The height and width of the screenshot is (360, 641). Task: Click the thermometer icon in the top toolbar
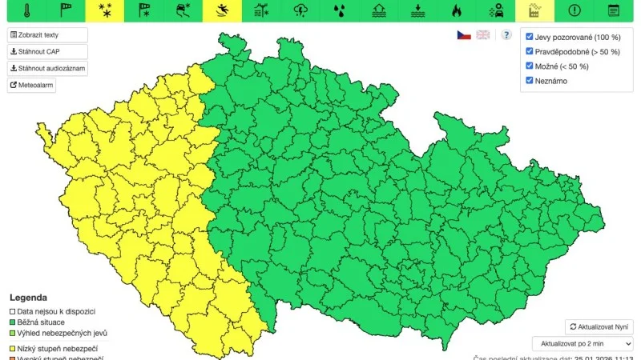[x=27, y=10]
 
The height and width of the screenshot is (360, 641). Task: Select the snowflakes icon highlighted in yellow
[x=104, y=10]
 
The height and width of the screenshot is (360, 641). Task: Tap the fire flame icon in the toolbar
[x=457, y=10]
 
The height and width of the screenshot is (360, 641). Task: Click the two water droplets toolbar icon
[x=340, y=10]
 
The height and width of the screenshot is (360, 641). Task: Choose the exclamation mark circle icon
[x=574, y=10]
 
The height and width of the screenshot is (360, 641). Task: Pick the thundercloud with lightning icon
[x=301, y=10]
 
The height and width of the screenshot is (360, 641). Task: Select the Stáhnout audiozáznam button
[x=47, y=69]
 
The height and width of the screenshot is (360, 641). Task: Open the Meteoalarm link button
[x=32, y=86]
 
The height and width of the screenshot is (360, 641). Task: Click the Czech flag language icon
[x=464, y=35]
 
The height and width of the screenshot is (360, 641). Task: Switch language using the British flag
[x=483, y=35]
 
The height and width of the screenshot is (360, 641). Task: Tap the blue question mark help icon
[x=506, y=35]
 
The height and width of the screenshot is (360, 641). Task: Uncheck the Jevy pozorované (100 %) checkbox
[x=530, y=38]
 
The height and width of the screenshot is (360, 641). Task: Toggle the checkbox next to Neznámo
[x=530, y=80]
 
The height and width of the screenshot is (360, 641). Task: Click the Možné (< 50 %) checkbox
[x=530, y=66]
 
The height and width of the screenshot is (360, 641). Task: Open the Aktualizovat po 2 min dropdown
[x=582, y=343]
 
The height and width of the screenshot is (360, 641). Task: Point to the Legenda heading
[x=28, y=297]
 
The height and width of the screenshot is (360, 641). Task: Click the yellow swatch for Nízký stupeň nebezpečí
[x=12, y=349]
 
